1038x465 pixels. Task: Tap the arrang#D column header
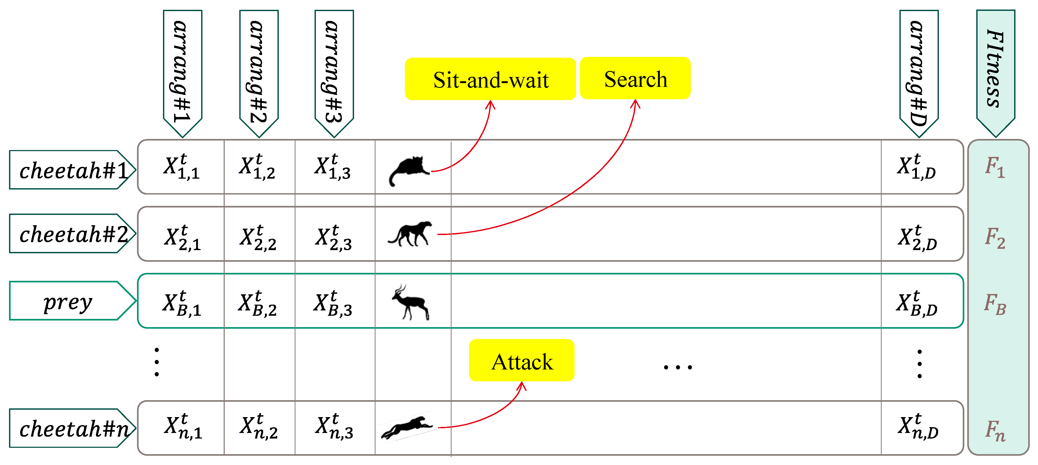[x=919, y=70]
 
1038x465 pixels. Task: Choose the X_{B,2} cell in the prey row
[x=258, y=303]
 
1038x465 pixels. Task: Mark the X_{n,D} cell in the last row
[x=918, y=427]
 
